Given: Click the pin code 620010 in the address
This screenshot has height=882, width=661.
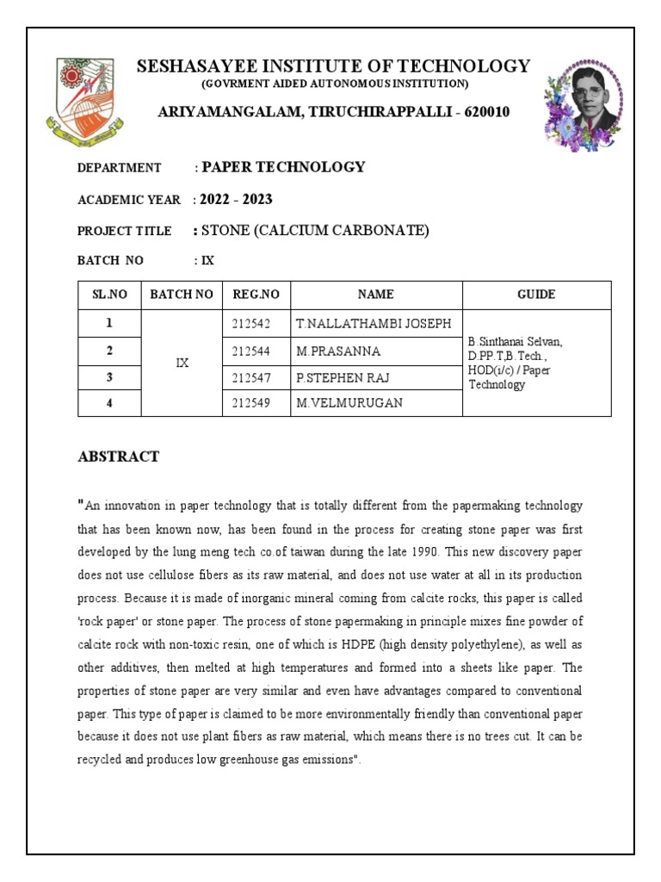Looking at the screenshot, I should click(485, 112).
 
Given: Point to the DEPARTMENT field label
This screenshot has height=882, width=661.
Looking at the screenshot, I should click(120, 168).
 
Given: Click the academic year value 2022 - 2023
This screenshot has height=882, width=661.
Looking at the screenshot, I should click(236, 200).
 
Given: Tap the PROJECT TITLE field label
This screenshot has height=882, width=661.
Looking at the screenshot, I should click(124, 231).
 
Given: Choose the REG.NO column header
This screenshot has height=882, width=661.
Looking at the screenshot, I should click(256, 295).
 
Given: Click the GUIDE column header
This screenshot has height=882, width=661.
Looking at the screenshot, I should click(536, 295).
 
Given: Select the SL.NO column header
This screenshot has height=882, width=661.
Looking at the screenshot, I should click(109, 295).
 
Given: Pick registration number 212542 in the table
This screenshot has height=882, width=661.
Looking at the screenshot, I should click(251, 324).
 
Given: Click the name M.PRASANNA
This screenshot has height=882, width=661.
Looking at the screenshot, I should click(338, 351).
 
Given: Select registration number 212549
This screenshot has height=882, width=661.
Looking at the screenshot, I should click(251, 403).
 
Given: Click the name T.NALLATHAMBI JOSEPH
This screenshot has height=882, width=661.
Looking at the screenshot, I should click(373, 324).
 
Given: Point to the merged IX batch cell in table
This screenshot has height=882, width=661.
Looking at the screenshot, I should click(182, 363).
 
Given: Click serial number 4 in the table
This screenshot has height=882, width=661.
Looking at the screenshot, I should click(109, 403).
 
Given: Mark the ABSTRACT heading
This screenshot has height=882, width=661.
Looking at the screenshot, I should click(118, 457).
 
